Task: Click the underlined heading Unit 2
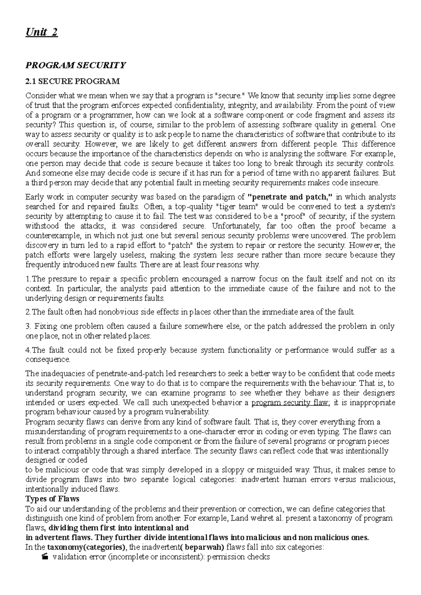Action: [x=41, y=33]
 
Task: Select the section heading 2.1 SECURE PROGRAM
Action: [x=73, y=82]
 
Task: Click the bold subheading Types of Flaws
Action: [x=53, y=499]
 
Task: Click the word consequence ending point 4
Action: [x=48, y=360]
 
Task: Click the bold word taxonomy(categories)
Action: [x=87, y=547]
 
